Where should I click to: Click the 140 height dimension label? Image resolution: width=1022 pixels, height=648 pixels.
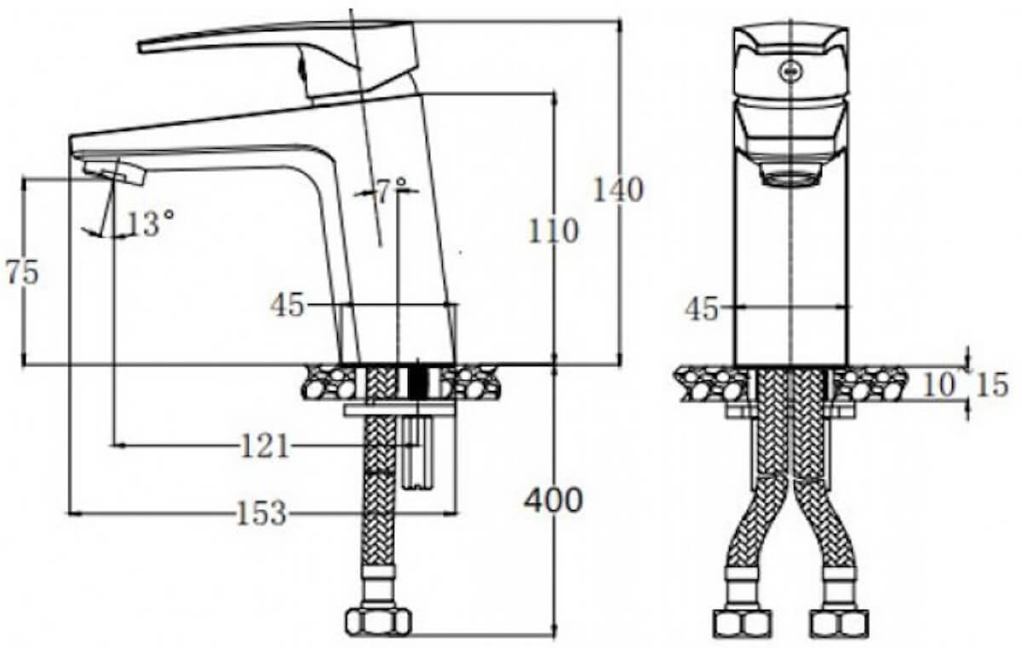(617, 190)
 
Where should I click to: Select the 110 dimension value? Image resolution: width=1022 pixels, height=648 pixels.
(553, 232)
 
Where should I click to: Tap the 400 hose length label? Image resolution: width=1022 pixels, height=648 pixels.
(553, 500)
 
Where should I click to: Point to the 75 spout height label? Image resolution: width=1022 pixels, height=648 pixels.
(22, 273)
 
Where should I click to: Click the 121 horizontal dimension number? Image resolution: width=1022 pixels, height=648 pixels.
(265, 445)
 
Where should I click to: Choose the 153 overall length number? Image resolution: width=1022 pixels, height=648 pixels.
(261, 513)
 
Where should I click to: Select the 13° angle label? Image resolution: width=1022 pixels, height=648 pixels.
(150, 223)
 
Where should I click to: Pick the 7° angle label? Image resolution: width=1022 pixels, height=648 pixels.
(390, 191)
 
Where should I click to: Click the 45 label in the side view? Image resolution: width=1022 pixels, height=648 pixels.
(287, 305)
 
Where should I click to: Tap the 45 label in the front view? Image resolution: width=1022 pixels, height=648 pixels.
(702, 309)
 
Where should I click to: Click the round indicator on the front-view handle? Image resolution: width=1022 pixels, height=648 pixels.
(789, 72)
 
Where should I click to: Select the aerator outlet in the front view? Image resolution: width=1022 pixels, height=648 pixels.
(791, 175)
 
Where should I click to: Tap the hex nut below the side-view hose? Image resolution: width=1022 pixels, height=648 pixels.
(378, 621)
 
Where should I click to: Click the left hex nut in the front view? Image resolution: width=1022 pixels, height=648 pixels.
(743, 625)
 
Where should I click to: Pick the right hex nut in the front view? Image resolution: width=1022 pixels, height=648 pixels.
(841, 625)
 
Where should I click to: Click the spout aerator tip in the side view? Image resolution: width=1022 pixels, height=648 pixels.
(114, 175)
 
